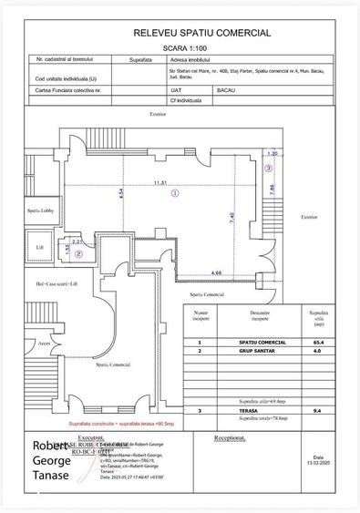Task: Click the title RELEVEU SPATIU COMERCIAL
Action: (201, 33)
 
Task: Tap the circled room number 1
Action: (176, 192)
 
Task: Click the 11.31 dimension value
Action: (160, 181)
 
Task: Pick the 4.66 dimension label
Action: (216, 272)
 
